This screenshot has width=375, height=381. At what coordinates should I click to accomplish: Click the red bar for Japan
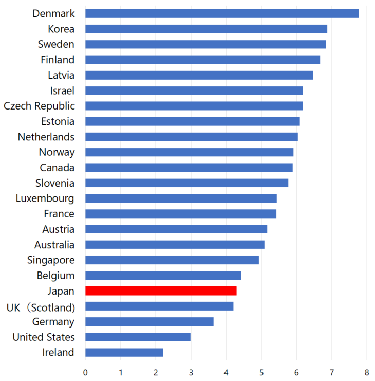[x=161, y=291]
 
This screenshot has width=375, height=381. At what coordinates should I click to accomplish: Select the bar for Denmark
[x=221, y=13]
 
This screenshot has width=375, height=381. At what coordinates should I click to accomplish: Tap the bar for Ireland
[x=124, y=353]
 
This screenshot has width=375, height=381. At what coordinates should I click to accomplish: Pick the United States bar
[x=138, y=337]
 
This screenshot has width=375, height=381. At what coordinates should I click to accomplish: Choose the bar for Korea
[x=206, y=29]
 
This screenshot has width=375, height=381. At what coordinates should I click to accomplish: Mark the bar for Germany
[x=149, y=322]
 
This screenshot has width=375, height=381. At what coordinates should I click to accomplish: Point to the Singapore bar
[x=172, y=260]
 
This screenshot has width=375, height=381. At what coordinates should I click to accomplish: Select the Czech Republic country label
[x=39, y=106]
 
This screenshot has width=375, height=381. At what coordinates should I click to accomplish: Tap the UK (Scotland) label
[x=41, y=307]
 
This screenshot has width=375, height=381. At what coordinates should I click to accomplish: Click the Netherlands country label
[x=46, y=137]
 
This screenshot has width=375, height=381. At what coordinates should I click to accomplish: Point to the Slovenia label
[x=54, y=183]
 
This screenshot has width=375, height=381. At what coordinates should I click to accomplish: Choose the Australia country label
[x=54, y=245]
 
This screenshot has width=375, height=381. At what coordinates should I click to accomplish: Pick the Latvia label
[x=61, y=75]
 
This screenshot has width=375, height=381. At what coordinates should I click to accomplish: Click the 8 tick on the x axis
[x=367, y=372]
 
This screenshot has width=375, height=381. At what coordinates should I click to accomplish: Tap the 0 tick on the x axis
[x=85, y=372]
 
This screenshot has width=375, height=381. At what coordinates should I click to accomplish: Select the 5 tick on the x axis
[x=261, y=372]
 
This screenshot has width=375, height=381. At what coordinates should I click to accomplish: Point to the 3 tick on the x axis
[x=191, y=372]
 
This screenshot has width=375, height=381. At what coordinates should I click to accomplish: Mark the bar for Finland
[x=202, y=60]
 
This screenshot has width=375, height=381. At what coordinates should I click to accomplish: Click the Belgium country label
[x=55, y=276]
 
